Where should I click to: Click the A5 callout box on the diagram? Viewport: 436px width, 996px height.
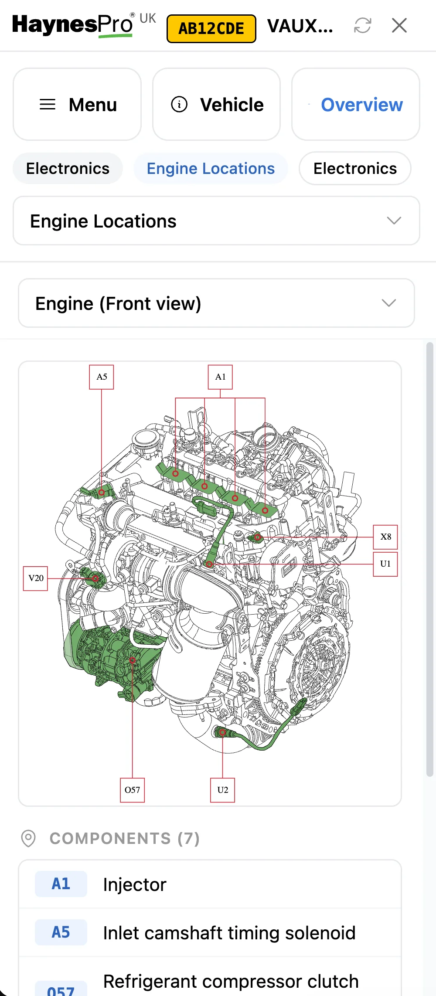click(102, 377)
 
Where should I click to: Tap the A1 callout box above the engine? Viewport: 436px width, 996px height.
click(220, 377)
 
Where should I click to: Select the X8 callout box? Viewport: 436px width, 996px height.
click(385, 537)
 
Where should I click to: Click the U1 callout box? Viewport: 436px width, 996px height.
click(385, 564)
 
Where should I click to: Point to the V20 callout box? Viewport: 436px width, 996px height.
click(35, 578)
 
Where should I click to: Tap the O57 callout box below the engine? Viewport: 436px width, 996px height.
click(132, 790)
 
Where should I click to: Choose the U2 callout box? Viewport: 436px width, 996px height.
click(222, 790)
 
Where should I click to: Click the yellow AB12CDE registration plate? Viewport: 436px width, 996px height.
click(211, 29)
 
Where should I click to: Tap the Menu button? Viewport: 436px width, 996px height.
click(77, 105)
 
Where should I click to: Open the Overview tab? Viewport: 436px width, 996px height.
click(356, 105)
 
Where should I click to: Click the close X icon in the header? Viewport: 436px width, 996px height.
click(399, 25)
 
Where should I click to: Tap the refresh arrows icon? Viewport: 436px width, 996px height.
click(362, 25)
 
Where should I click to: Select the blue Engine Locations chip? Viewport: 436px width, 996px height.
click(211, 169)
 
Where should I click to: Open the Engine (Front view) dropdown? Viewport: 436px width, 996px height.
click(216, 303)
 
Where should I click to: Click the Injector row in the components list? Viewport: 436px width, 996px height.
click(209, 884)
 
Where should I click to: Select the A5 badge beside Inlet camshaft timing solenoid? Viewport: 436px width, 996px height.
click(61, 932)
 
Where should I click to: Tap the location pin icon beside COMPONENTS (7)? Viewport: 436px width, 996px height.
click(28, 838)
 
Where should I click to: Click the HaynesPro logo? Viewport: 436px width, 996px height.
click(72, 25)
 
